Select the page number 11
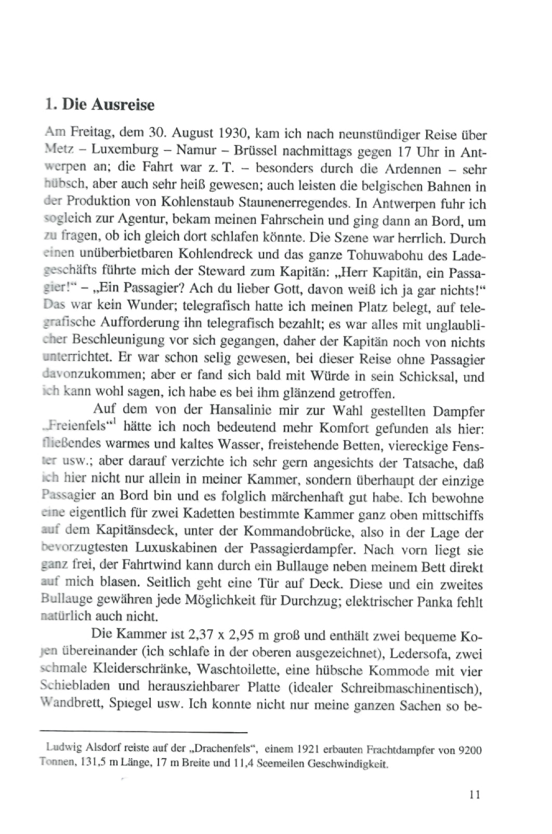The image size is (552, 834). click(474, 810)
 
